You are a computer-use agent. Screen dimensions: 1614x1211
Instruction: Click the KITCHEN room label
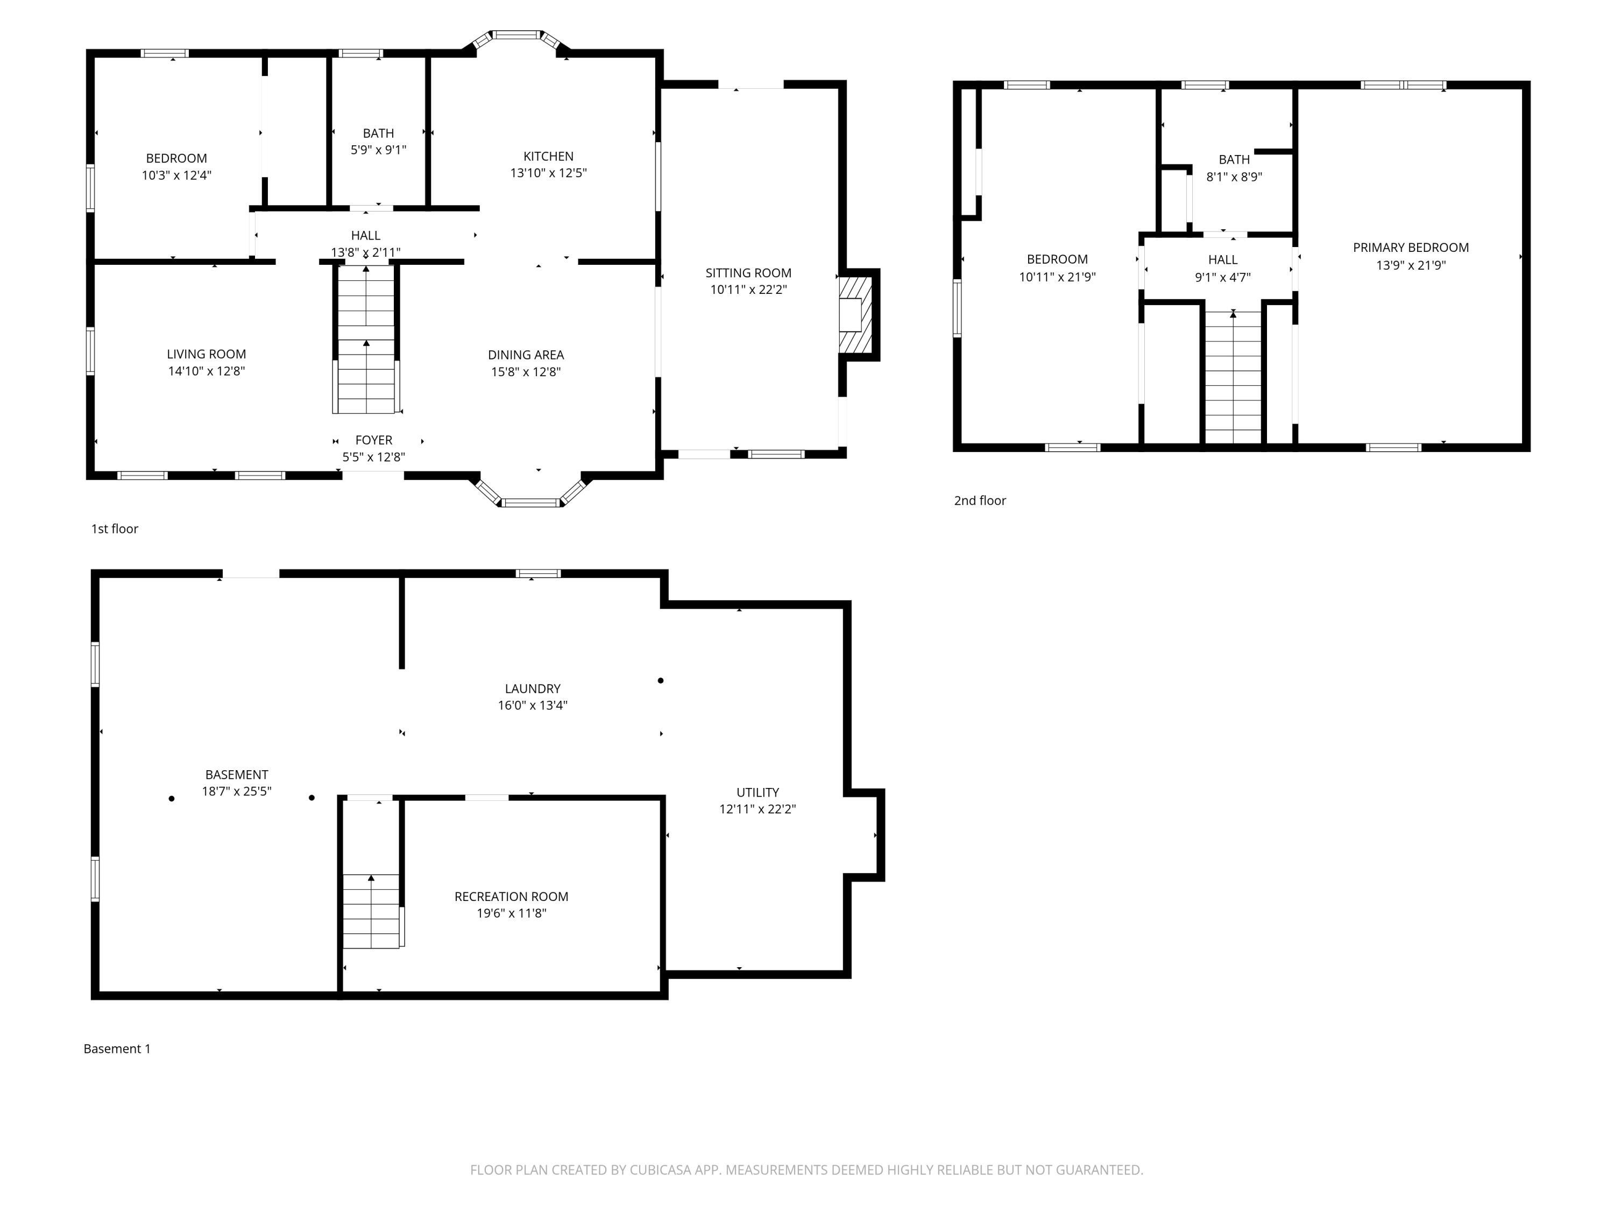(x=548, y=156)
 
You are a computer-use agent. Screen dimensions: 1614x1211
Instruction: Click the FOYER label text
(x=373, y=440)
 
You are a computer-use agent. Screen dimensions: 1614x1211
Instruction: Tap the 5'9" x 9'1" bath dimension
(x=378, y=150)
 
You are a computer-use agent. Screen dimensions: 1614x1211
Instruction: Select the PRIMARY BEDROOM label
(x=1411, y=248)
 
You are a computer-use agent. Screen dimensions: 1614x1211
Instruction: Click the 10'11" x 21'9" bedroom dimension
(x=1057, y=277)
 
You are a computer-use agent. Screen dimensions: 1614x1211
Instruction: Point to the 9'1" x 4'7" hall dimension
(x=1222, y=277)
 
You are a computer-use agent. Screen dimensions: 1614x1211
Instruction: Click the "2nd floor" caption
(x=980, y=500)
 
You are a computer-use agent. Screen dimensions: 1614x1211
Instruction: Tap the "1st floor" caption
(x=115, y=529)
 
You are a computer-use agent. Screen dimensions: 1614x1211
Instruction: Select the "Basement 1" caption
(x=117, y=1048)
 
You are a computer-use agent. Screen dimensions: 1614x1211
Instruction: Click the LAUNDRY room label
(x=533, y=688)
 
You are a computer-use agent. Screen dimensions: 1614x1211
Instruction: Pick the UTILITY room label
(x=758, y=792)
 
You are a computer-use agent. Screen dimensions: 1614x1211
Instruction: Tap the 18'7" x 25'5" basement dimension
(x=236, y=791)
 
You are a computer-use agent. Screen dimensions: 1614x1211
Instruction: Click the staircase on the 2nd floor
(x=1233, y=377)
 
